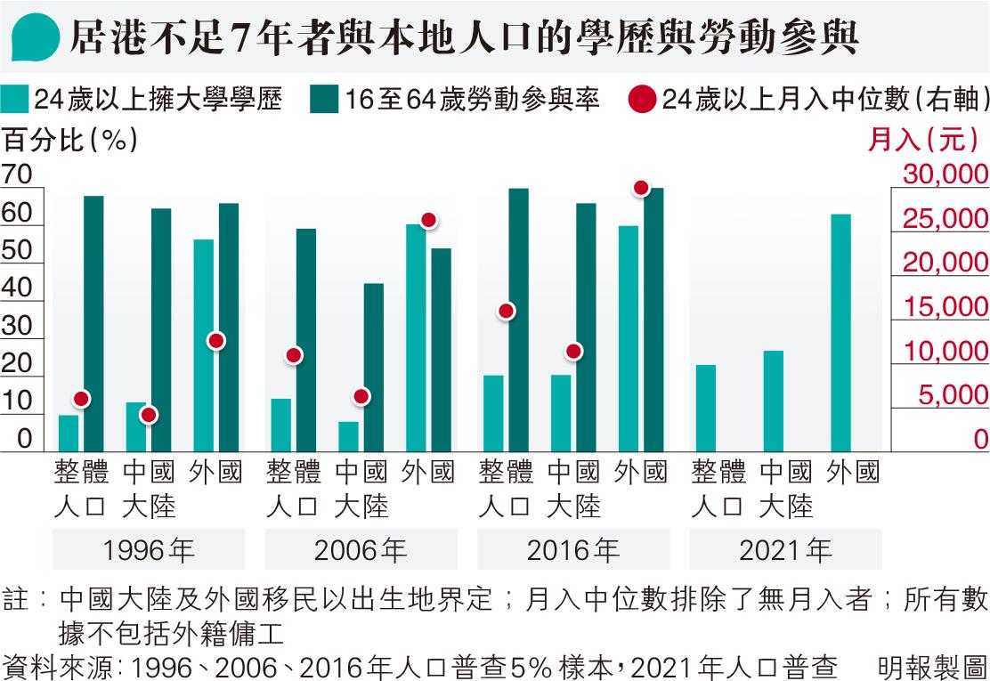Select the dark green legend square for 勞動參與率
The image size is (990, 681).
pyautogui.click(x=324, y=99)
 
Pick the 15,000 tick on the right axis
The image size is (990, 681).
pyautogui.click(x=945, y=307)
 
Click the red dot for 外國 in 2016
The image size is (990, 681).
pyautogui.click(x=641, y=188)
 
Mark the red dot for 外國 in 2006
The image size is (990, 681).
pyautogui.click(x=428, y=220)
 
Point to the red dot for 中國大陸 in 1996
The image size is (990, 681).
pyautogui.click(x=149, y=415)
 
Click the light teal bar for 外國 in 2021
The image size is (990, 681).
pyautogui.click(x=840, y=333)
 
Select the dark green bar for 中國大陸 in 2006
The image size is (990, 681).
pyautogui.click(x=374, y=367)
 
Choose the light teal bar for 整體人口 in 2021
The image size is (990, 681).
pyautogui.click(x=705, y=408)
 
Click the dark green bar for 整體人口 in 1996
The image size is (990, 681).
pyautogui.click(x=93, y=323)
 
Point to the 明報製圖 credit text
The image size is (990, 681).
pyautogui.click(x=931, y=665)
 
